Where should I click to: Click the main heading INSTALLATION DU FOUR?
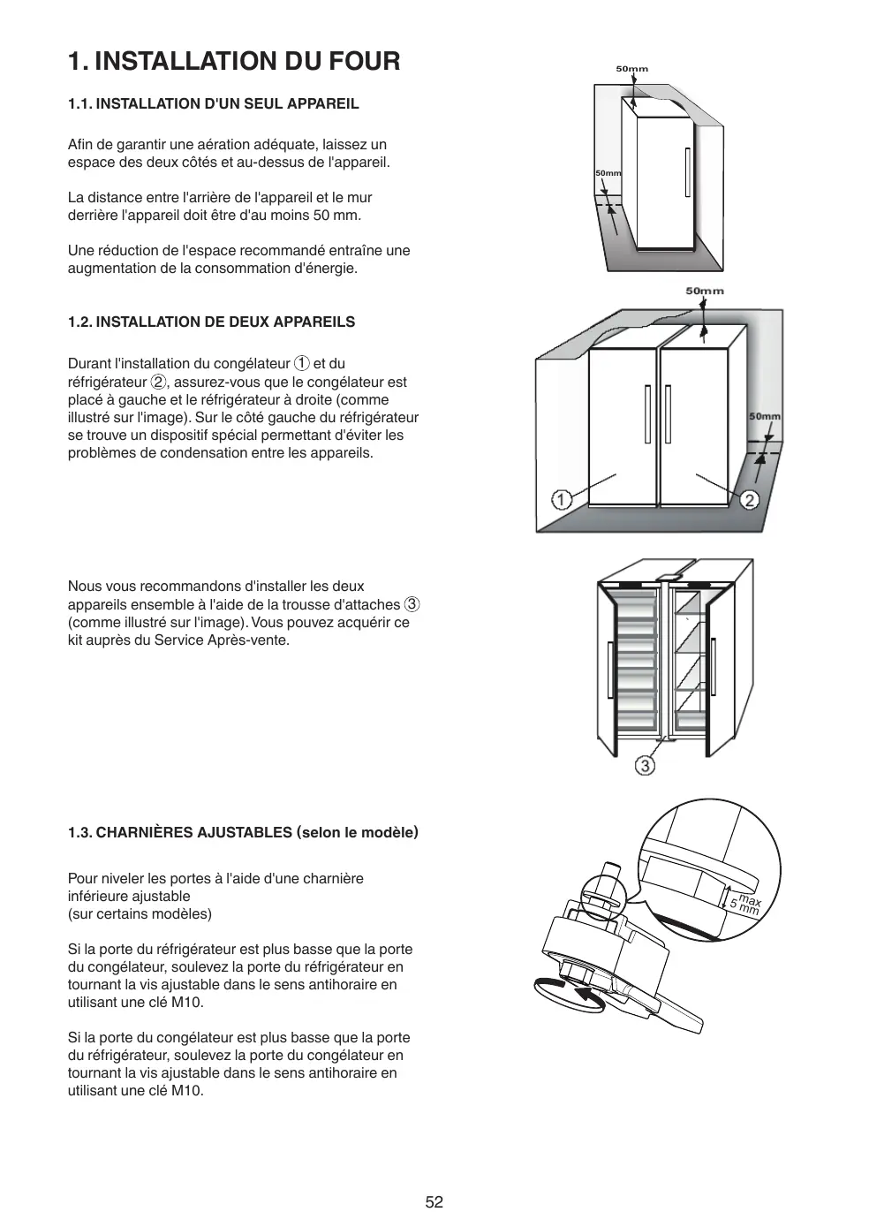tap(234, 61)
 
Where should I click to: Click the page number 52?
tap(434, 1201)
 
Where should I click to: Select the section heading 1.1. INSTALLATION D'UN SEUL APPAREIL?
tap(214, 103)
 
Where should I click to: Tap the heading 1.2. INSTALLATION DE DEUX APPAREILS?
tap(212, 322)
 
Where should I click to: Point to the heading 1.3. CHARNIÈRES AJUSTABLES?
tap(243, 832)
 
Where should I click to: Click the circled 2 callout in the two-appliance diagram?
tap(749, 500)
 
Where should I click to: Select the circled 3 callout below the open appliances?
tap(646, 765)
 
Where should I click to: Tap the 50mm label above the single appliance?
tap(631, 69)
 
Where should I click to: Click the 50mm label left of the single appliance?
tap(608, 173)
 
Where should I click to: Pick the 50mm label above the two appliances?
tap(704, 291)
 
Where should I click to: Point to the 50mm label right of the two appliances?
tap(765, 416)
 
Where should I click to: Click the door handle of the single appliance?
tap(687, 172)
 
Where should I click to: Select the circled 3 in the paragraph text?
tap(412, 604)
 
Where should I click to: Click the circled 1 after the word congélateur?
tap(301, 363)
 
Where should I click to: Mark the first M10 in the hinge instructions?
tap(187, 1002)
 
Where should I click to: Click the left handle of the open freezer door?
tap(610, 671)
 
